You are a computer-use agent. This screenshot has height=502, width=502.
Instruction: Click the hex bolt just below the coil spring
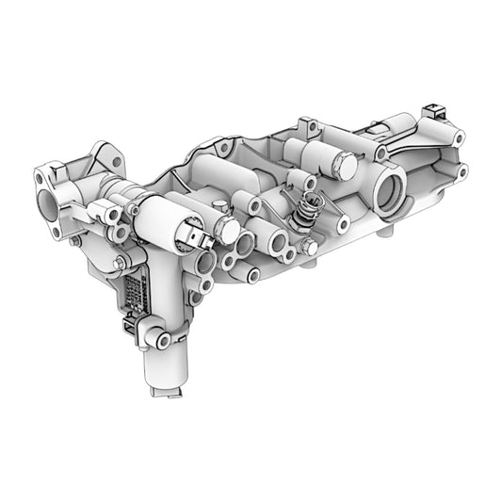(310, 248)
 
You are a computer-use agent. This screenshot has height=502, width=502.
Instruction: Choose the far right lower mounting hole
(462, 171)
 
